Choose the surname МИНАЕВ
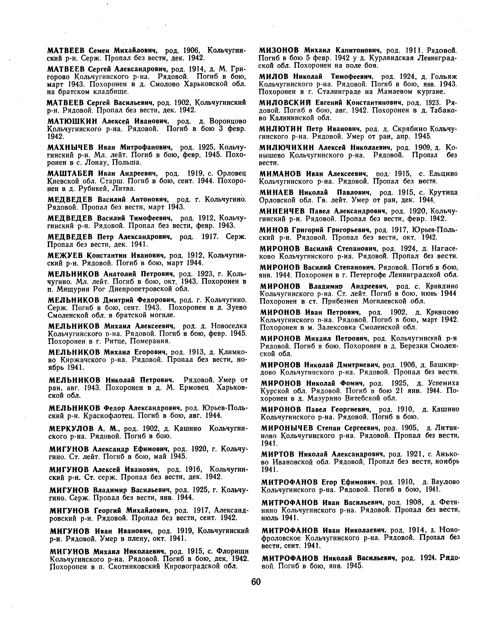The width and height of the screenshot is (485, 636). (277, 193)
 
